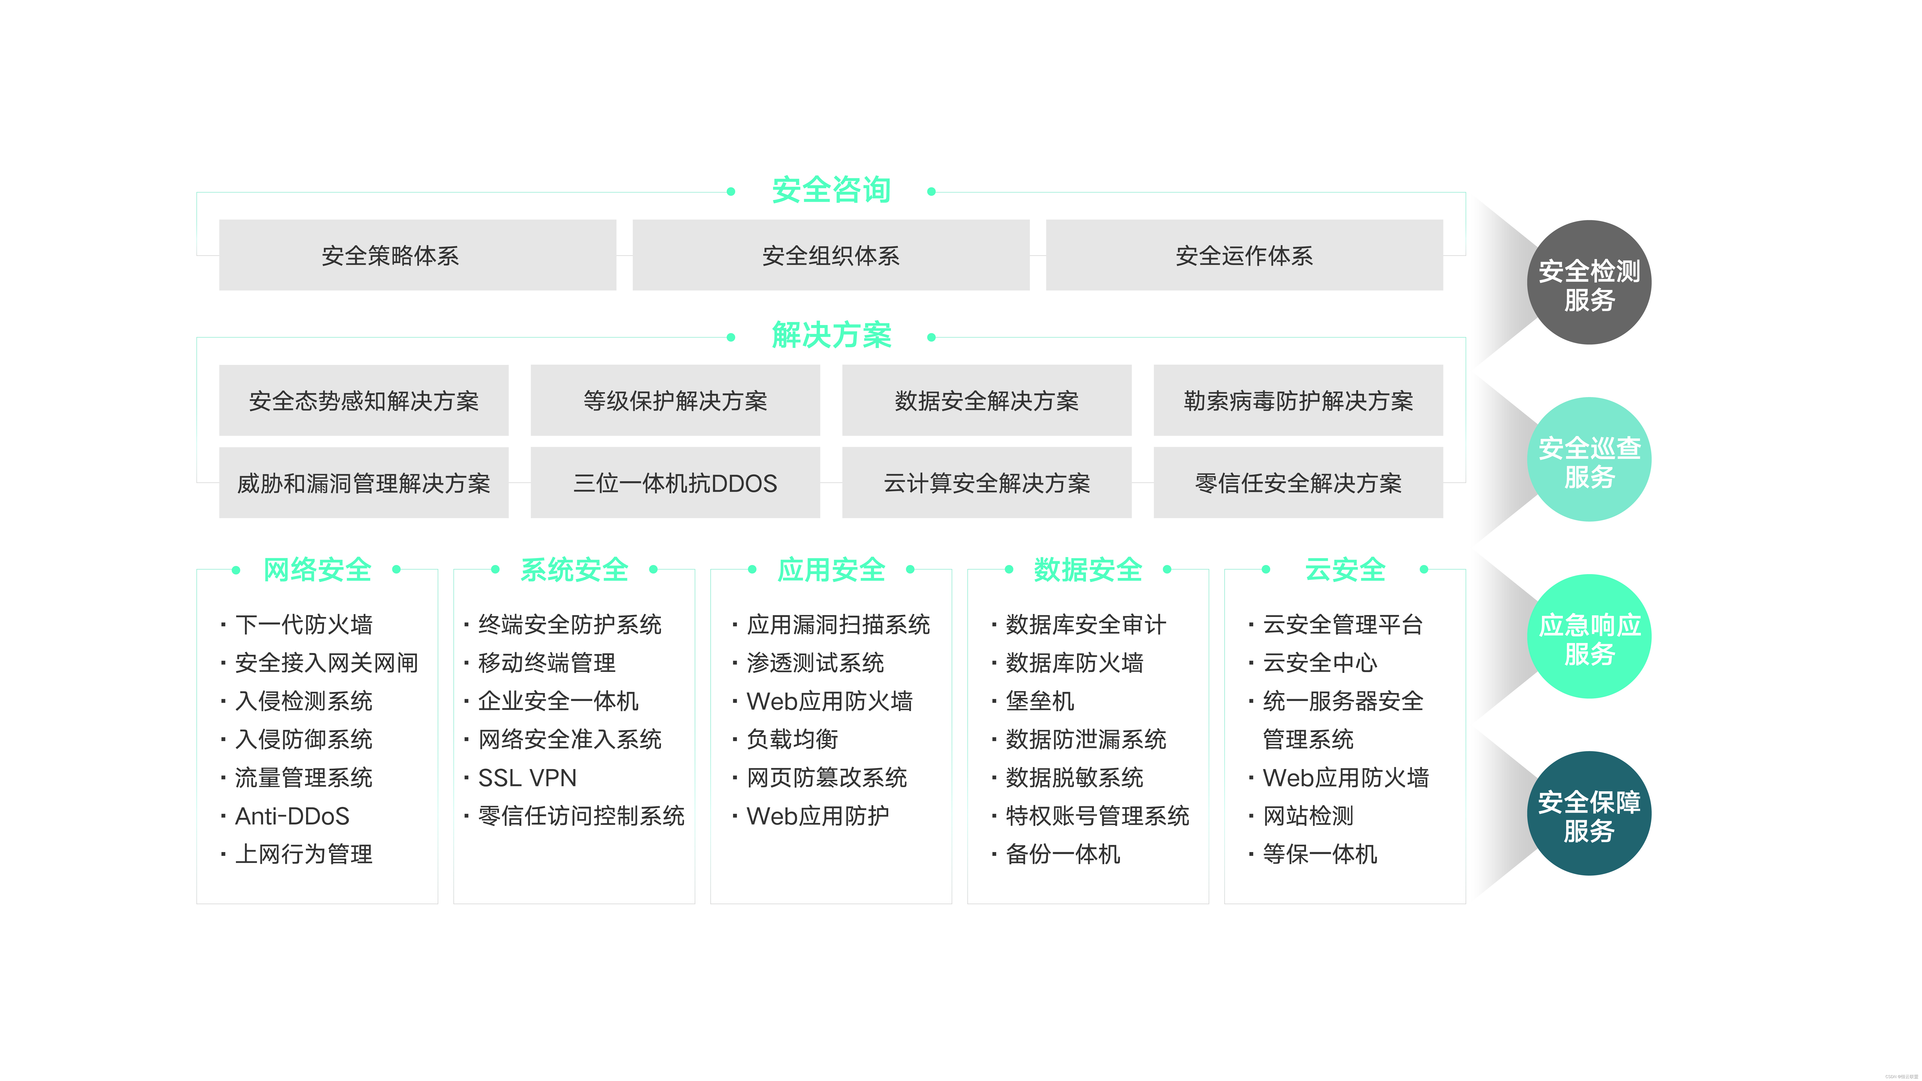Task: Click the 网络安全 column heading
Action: tap(317, 570)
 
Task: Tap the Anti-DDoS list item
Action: tap(292, 816)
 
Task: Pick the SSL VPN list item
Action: tap(527, 778)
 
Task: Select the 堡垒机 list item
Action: tap(1039, 701)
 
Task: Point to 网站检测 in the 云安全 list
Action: tap(1307, 816)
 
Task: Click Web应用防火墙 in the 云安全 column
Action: tap(1344, 778)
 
